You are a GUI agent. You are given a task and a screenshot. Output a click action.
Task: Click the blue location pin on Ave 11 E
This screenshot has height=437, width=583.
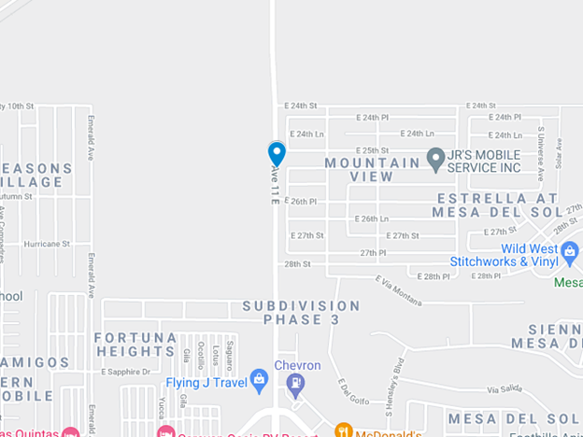coord(277,153)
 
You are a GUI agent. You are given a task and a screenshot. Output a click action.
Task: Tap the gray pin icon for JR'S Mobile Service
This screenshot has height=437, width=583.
coord(435,159)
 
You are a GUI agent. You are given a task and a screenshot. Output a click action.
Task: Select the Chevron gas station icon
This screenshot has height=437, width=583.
coord(296,381)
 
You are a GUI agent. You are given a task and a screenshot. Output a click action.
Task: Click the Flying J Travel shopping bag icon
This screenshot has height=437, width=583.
coord(259,380)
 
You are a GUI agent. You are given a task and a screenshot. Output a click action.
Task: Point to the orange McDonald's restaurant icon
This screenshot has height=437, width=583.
coord(344,430)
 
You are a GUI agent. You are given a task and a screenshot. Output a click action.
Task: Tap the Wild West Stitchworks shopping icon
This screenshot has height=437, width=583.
coord(570,249)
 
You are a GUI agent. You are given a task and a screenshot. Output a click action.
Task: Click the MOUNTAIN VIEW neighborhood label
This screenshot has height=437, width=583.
coord(373,169)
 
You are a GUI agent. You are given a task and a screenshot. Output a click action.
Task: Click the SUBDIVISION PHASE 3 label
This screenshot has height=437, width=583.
coord(301,312)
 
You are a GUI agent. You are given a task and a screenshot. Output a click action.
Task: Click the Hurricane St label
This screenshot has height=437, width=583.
coord(48,244)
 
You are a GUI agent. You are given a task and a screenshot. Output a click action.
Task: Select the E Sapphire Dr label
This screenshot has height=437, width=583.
coord(126,372)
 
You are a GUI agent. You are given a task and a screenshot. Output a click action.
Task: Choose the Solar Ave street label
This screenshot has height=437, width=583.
coord(559,154)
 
